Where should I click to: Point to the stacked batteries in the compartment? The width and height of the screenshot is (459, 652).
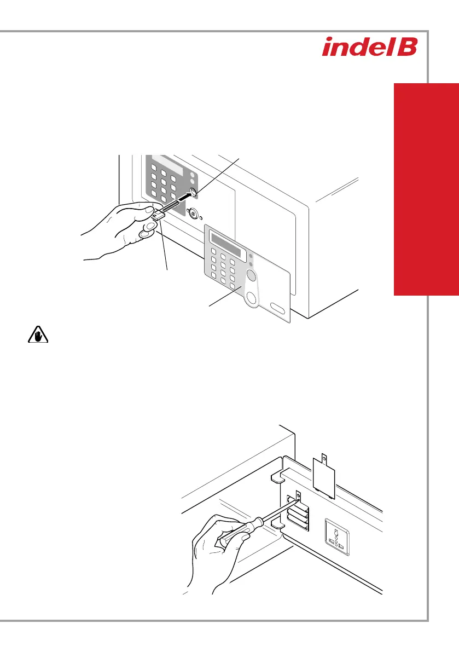301,520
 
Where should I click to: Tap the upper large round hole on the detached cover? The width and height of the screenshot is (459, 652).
251,275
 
